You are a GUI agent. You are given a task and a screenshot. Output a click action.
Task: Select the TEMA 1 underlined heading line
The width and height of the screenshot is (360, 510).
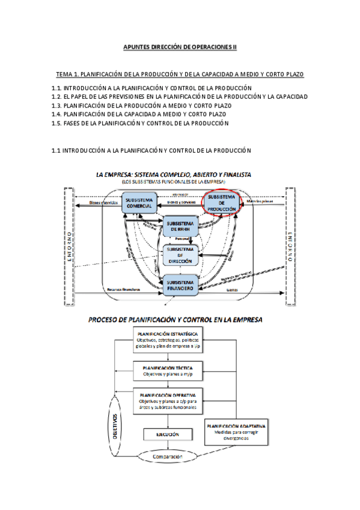(x=180, y=75)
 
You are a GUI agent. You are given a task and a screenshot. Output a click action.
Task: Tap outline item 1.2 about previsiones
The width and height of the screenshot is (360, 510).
(x=180, y=97)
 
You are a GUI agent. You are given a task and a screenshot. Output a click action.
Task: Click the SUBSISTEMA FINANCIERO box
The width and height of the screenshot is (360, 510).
(x=181, y=285)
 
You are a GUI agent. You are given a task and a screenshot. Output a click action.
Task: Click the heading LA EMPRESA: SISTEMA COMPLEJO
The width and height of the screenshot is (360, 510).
(x=174, y=175)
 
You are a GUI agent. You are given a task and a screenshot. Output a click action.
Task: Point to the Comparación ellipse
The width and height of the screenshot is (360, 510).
(x=167, y=457)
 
